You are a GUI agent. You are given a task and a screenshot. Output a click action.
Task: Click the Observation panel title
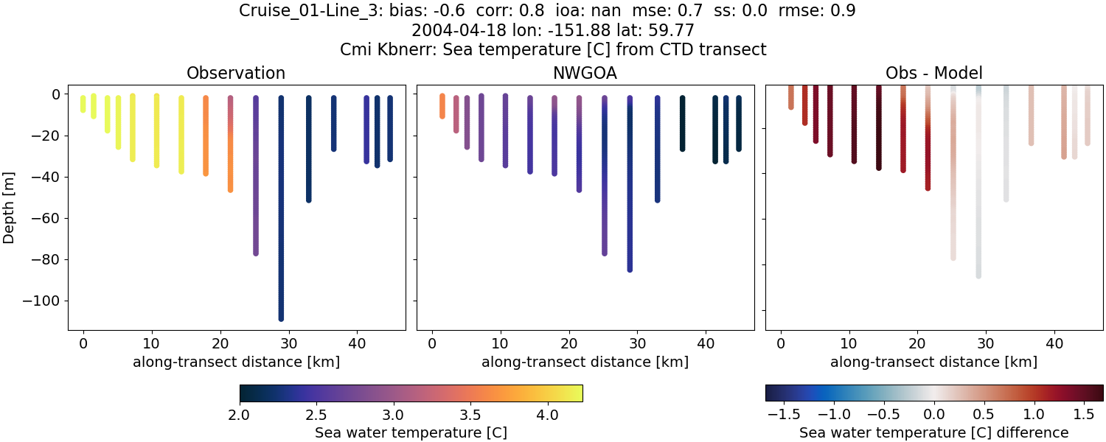pyautogui.click(x=236, y=73)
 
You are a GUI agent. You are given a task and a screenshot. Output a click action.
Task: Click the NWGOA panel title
pyautogui.click(x=585, y=73)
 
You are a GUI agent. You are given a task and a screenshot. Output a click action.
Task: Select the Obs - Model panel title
pyautogui.click(x=933, y=73)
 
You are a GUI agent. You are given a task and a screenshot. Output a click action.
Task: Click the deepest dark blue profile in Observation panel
pyautogui.click(x=281, y=221)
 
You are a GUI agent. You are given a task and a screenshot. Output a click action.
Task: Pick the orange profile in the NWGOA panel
pyautogui.click(x=442, y=105)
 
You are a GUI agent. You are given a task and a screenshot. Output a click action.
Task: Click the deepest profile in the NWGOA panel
pyautogui.click(x=630, y=192)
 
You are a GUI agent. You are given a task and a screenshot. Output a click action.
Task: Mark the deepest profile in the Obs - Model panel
pyautogui.click(x=978, y=192)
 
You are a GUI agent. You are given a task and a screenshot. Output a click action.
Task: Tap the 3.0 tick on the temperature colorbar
pyautogui.click(x=393, y=414)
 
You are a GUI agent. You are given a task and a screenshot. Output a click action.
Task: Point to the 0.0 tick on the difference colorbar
pyautogui.click(x=934, y=414)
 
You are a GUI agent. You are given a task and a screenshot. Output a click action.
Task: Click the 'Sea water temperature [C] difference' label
pyautogui.click(x=933, y=432)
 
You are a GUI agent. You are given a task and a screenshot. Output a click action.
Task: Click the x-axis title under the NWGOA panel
pyautogui.click(x=585, y=362)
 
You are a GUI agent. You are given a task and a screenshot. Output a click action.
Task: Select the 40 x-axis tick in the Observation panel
pyautogui.click(x=357, y=343)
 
